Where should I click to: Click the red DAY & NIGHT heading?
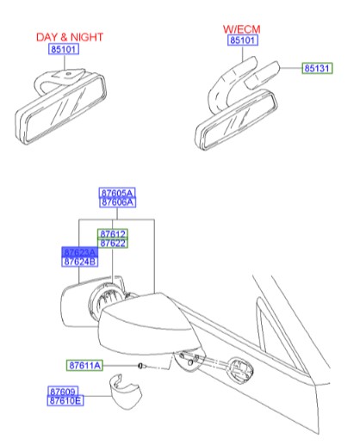click(x=69, y=38)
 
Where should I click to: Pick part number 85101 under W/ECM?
click(x=242, y=40)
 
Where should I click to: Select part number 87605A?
click(x=117, y=193)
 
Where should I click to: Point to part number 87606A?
click(x=117, y=203)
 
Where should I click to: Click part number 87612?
click(x=112, y=233)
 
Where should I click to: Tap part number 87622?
click(x=112, y=244)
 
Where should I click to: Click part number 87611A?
click(x=85, y=367)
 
